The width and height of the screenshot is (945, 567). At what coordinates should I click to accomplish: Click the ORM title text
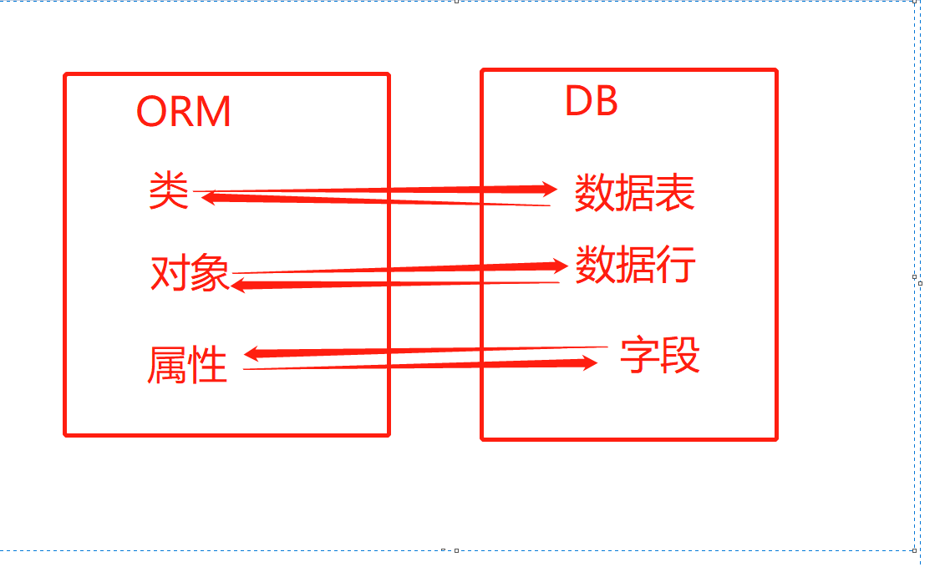(184, 111)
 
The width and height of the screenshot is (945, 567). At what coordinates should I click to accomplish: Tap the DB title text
(592, 101)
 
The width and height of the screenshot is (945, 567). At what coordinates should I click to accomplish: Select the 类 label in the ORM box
(169, 191)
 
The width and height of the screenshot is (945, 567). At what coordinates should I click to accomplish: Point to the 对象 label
(190, 273)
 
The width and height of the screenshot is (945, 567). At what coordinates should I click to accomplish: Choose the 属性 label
(187, 365)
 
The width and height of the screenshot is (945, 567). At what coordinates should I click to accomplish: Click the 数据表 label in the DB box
(634, 194)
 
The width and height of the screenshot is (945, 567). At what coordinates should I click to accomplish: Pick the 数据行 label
(635, 265)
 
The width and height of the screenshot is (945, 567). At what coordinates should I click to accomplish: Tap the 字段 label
(659, 357)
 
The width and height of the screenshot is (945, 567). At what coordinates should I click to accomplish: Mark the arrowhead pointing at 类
(209, 198)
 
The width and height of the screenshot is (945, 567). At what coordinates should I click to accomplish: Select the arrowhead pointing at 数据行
(561, 266)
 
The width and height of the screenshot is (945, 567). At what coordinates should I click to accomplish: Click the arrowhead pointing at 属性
(251, 355)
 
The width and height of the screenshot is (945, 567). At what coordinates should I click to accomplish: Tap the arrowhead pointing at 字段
(590, 362)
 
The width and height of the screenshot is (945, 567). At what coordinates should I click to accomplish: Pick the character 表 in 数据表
(675, 194)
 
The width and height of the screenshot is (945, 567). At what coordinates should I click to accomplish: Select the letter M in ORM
(215, 111)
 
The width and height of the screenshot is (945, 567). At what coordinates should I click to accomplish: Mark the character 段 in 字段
(679, 357)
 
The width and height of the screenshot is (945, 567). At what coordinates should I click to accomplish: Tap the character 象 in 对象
(210, 273)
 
